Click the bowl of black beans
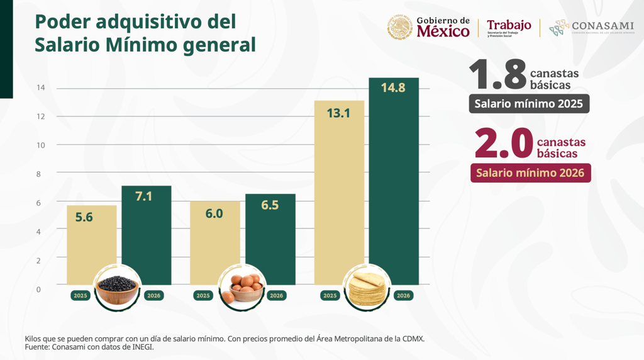pyautogui.click(x=118, y=289)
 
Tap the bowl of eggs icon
pyautogui.click(x=241, y=289)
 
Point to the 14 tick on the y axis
pyautogui.click(x=40, y=88)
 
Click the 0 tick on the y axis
pyautogui.click(x=39, y=290)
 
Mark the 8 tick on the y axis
pyautogui.click(x=39, y=174)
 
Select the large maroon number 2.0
pyautogui.click(x=503, y=143)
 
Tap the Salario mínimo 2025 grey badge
pyautogui.click(x=529, y=104)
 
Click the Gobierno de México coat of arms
pyautogui.click(x=400, y=27)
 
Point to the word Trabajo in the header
pyautogui.click(x=509, y=25)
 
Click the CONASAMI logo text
pyautogui.click(x=602, y=26)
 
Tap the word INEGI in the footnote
pyautogui.click(x=142, y=347)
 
